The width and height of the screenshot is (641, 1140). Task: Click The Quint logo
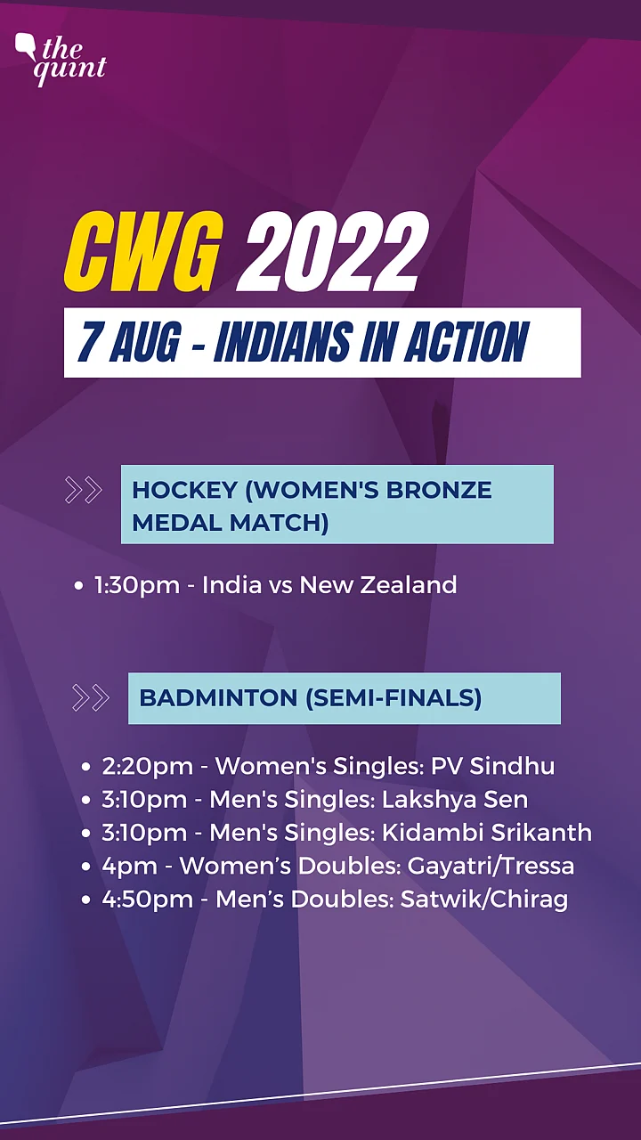coord(61,60)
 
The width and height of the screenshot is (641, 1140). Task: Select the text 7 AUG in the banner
coord(129,342)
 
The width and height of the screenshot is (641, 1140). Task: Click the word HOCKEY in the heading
coord(185,490)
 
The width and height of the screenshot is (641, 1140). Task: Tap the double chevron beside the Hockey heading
coord(84,490)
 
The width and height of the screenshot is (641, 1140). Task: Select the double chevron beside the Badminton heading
coord(91,697)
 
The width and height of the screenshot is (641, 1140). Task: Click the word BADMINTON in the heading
coord(219,697)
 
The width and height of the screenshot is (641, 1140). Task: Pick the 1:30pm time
coord(137,585)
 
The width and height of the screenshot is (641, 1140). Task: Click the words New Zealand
coord(378,585)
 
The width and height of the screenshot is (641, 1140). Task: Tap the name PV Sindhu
coord(492,766)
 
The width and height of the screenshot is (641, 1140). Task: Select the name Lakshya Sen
coord(455,800)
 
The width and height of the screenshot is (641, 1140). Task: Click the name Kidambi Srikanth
coord(487,833)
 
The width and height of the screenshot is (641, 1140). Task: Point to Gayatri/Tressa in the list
coord(491,867)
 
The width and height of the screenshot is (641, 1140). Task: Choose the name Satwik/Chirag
coord(484,900)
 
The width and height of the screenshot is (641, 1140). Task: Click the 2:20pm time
coord(148,767)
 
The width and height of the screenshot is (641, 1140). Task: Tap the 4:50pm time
coord(148,900)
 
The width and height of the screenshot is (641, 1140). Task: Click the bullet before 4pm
coord(85,867)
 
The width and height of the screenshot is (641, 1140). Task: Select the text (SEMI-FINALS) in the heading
coord(394,697)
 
